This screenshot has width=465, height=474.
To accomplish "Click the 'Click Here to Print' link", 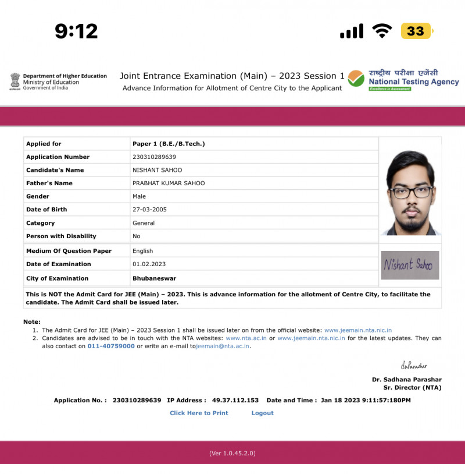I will [x=199, y=413].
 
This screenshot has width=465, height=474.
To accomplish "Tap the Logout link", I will [x=262, y=413].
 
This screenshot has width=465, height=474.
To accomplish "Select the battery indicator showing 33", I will [x=416, y=31].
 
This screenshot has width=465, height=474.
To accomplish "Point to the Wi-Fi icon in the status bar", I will [x=382, y=31].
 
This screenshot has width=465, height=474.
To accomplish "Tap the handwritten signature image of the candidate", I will [x=410, y=265].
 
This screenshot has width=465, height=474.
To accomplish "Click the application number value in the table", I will [x=154, y=157].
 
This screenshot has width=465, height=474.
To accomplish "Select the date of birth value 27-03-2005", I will [x=149, y=210].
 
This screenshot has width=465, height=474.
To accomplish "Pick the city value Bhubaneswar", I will [x=154, y=278].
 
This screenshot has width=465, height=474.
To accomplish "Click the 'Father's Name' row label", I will [x=49, y=183].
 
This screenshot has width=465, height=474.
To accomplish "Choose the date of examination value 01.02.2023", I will [x=149, y=264].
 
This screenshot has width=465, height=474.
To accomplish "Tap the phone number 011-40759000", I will [x=111, y=346].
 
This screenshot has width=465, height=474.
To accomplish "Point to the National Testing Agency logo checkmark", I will [x=356, y=79].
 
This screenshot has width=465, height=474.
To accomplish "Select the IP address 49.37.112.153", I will [x=235, y=401].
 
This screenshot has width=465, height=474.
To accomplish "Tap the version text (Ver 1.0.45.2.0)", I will [x=233, y=453].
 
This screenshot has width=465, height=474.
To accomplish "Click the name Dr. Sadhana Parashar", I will [x=407, y=380].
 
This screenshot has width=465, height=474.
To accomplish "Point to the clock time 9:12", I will [x=76, y=31].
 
